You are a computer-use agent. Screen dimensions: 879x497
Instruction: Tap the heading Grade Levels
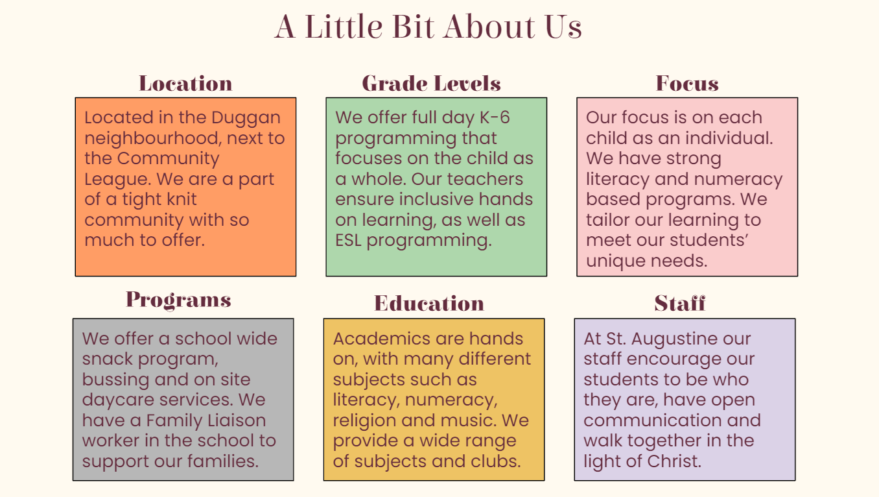coord(431,83)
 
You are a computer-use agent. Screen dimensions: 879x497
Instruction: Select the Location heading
coord(185,83)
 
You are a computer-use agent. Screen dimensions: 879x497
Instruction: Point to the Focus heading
coord(687,83)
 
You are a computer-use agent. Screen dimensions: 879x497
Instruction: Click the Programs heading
coord(178,300)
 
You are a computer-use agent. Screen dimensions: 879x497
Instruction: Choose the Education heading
coord(429,303)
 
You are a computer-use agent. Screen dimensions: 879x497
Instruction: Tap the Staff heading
coord(679,303)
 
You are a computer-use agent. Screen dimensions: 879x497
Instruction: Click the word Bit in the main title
coord(413,27)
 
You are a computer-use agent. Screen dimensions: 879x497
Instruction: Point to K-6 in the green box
coord(495,117)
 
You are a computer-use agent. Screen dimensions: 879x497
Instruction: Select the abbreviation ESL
coord(348,240)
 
